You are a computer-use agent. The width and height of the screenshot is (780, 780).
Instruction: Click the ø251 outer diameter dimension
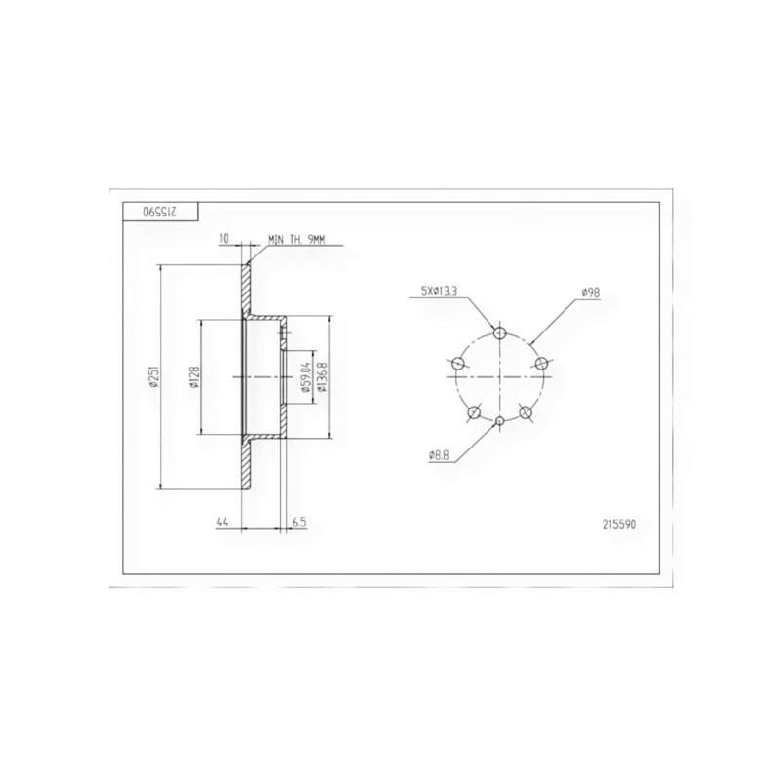pyautogui.click(x=153, y=375)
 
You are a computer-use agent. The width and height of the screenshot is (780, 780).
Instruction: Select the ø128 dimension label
pyautogui.click(x=194, y=375)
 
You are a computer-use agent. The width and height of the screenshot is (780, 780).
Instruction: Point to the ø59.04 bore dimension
pyautogui.click(x=306, y=376)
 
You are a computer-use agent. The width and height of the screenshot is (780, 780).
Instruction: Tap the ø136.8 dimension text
pyautogui.click(x=322, y=376)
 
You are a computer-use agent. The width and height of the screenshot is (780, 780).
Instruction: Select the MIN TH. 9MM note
pyautogui.click(x=295, y=238)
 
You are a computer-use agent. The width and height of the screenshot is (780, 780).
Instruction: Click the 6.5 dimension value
pyautogui.click(x=299, y=524)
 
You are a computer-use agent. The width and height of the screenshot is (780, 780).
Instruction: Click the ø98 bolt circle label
pyautogui.click(x=589, y=292)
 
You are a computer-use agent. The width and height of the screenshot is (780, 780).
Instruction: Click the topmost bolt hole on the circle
pyautogui.click(x=499, y=333)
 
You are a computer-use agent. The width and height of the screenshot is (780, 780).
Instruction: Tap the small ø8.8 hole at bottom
pyautogui.click(x=499, y=420)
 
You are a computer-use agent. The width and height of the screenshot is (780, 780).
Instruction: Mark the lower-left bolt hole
pyautogui.click(x=474, y=412)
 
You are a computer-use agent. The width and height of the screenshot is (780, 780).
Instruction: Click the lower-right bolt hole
pyautogui.click(x=525, y=412)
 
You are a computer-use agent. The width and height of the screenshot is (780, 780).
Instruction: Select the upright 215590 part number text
pyautogui.click(x=620, y=524)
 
